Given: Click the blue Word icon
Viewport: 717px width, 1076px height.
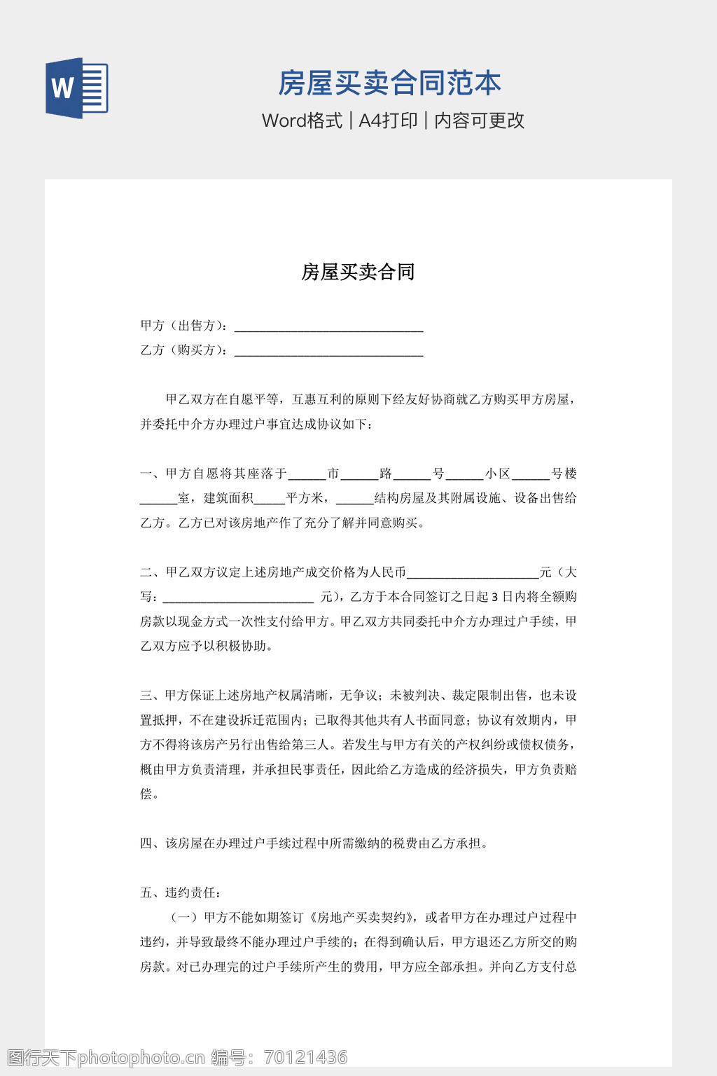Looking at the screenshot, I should click(76, 88).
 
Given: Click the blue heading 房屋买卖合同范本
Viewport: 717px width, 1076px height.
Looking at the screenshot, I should click(389, 83).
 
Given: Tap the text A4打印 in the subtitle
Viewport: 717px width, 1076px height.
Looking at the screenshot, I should click(388, 120).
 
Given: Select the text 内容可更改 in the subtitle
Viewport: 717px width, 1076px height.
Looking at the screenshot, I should click(480, 120).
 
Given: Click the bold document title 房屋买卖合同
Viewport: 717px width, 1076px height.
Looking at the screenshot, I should click(358, 272).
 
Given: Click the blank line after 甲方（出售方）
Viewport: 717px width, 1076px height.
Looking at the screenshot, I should click(328, 326).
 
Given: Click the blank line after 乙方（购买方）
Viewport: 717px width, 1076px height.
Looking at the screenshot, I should click(328, 351).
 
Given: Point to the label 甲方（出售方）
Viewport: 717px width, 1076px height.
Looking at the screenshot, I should click(183, 325).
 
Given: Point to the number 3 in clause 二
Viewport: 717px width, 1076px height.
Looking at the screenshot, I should click(494, 598).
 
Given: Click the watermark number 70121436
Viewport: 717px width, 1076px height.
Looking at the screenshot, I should click(305, 1057).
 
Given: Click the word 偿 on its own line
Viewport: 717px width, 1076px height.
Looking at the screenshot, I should click(146, 794).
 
